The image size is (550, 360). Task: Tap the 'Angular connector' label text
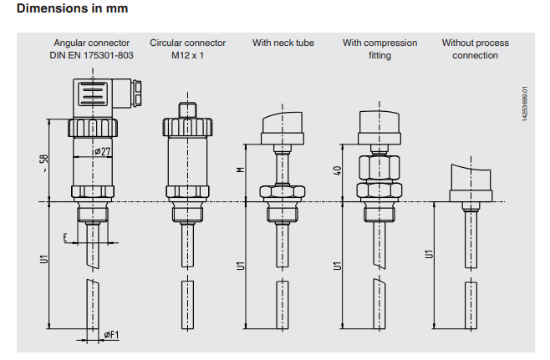click(x=93, y=43)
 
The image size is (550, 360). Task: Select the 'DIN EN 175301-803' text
click(x=93, y=55)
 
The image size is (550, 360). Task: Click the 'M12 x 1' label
click(x=187, y=55)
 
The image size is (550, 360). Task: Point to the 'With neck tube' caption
click(x=283, y=43)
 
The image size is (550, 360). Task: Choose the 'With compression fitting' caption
click(x=379, y=48)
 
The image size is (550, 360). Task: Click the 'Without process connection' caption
click(x=475, y=48)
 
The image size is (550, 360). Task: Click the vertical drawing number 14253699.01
click(x=525, y=107)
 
